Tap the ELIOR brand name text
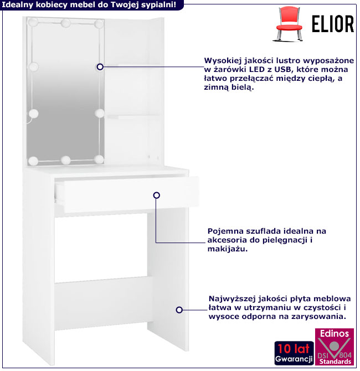point(333,24)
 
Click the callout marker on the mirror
point(100,67)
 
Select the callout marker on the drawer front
point(156,195)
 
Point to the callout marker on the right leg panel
point(179,310)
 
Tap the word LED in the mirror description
point(256,70)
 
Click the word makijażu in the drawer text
point(228,249)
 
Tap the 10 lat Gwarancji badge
point(294,353)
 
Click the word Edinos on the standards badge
point(334,333)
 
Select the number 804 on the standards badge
point(345,355)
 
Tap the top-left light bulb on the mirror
point(33,22)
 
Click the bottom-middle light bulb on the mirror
point(65,160)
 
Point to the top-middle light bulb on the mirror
point(65,23)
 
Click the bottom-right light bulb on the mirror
point(99,159)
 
